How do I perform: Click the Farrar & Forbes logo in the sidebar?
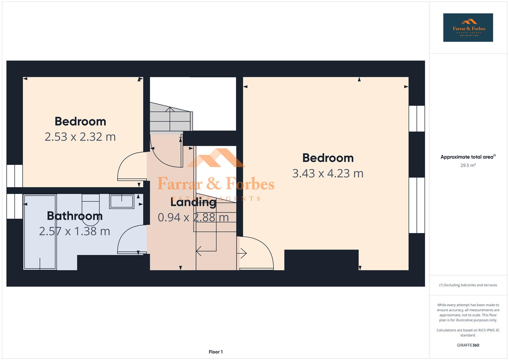(468, 28)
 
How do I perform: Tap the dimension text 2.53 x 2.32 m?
(80, 137)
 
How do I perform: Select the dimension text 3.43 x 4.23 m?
(328, 173)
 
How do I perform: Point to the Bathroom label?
(75, 216)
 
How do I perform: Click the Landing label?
(193, 202)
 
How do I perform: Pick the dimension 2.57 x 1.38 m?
(74, 231)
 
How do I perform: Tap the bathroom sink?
(122, 201)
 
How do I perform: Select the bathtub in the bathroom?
(40, 232)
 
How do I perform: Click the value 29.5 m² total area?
(468, 165)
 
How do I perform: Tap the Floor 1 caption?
(216, 352)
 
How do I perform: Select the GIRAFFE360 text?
(468, 345)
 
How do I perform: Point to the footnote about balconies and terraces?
(468, 285)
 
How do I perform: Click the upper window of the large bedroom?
(417, 119)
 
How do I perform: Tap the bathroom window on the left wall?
(15, 206)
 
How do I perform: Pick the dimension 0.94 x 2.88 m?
(193, 217)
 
